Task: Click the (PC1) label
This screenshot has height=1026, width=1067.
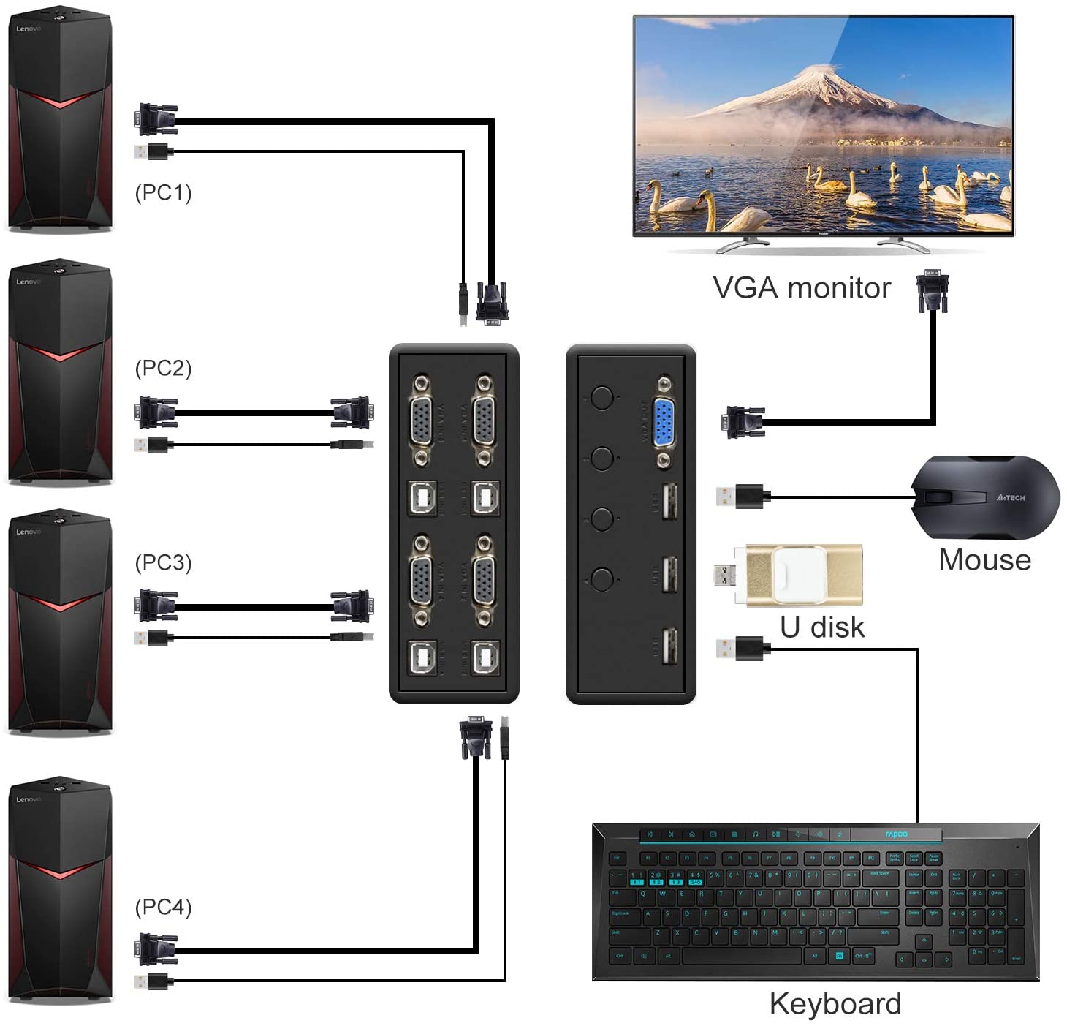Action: (x=163, y=192)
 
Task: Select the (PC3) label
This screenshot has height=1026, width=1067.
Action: (x=163, y=562)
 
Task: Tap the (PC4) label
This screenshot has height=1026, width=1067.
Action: (x=163, y=907)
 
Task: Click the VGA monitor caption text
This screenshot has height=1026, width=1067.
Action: (x=802, y=288)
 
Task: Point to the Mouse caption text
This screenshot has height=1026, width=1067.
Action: (x=984, y=560)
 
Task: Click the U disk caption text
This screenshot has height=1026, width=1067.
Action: (x=822, y=627)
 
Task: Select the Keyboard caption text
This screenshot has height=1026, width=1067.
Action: (x=835, y=1004)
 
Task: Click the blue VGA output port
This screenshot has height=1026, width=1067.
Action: (x=663, y=423)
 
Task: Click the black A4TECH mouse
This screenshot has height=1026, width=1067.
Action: (x=985, y=497)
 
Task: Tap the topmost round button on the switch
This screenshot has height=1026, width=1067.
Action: (x=601, y=398)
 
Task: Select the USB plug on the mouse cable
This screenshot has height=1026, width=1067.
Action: (x=740, y=496)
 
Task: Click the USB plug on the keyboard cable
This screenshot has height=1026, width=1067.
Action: (x=740, y=648)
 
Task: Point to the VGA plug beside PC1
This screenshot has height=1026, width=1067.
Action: (x=155, y=119)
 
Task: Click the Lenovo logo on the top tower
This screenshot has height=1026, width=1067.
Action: (x=29, y=29)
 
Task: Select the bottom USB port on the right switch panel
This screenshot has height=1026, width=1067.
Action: (x=669, y=646)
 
